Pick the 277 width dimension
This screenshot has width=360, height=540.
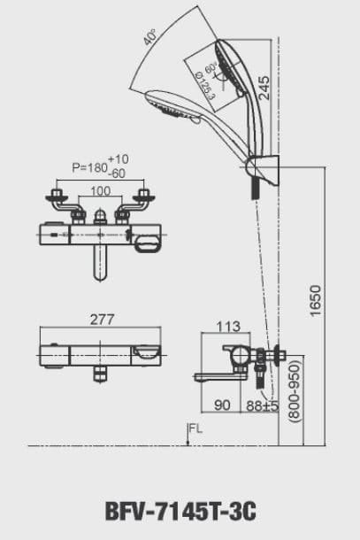[103, 319]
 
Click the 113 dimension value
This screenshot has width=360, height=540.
[228, 327]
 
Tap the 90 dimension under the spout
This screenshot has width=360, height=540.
[221, 406]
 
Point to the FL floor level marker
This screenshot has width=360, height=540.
[194, 429]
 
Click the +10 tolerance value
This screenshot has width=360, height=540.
[118, 158]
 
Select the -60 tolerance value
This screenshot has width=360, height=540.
[118, 174]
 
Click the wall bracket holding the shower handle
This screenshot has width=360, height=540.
[263, 170]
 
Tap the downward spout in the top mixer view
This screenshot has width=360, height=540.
[100, 264]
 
